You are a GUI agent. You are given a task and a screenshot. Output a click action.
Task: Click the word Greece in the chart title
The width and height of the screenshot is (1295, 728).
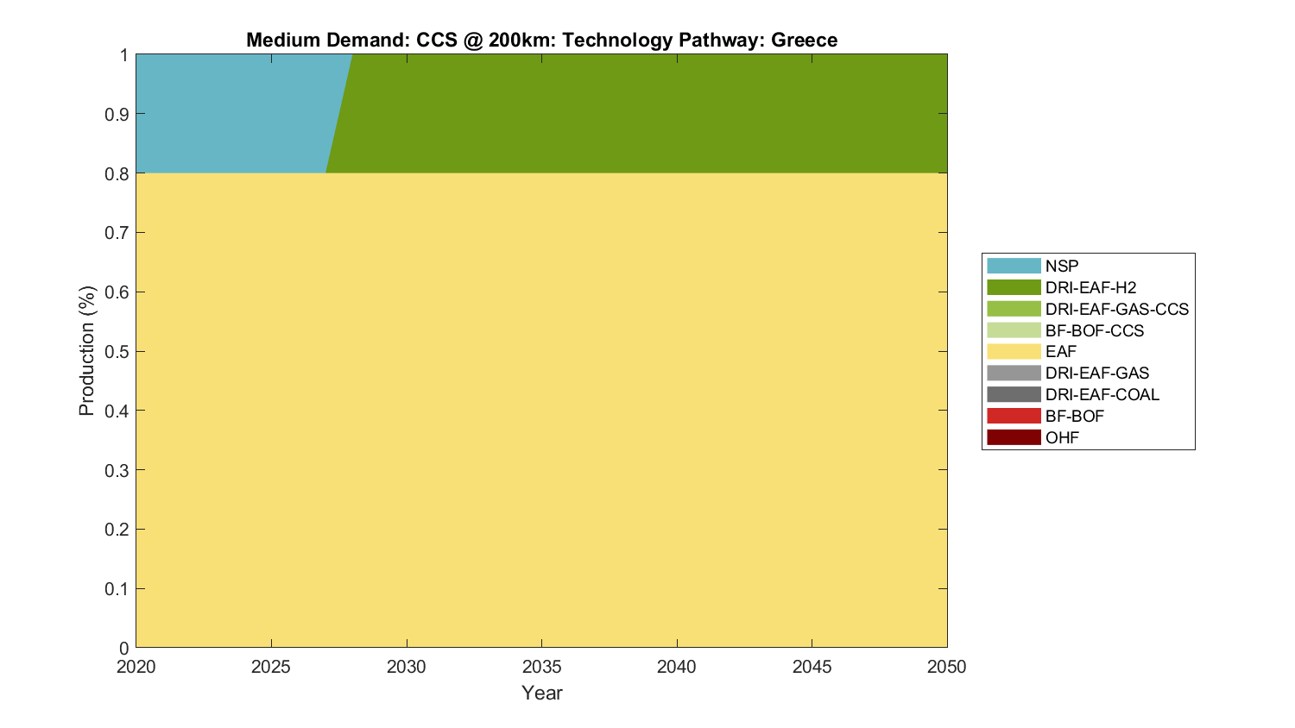pos(804,41)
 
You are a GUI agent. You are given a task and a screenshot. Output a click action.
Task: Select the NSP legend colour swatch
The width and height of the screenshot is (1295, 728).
pos(1014,267)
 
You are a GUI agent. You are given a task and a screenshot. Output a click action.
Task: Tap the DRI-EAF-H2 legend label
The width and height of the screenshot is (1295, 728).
pos(1090,288)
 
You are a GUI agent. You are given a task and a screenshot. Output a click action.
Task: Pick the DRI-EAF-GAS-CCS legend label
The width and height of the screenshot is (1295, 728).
pos(1116,310)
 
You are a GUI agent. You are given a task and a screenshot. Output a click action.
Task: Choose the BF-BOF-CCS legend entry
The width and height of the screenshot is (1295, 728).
pos(1094,331)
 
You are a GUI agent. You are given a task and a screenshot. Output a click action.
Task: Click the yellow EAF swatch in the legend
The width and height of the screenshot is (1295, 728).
pos(1014,352)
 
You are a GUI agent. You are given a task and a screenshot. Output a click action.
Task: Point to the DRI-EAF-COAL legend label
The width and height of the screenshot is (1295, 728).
pos(1102,395)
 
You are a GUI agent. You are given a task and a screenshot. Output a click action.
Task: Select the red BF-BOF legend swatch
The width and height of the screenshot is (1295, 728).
pos(1014,417)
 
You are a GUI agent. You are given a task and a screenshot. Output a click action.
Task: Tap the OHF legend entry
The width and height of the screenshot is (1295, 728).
pos(1062,438)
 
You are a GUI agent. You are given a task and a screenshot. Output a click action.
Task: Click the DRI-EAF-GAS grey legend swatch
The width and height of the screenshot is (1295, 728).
pos(1014,373)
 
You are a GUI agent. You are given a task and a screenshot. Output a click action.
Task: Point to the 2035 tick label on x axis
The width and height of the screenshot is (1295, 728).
pos(542,667)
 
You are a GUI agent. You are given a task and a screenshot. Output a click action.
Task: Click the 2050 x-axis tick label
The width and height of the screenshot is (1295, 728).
pos(947,667)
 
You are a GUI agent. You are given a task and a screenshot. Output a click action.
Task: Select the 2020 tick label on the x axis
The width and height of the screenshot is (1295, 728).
pos(136,667)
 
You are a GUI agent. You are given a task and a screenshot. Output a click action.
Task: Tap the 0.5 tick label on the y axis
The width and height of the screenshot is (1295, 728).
pos(117,352)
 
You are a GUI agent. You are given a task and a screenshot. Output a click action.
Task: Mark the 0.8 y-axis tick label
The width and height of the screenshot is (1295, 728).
pos(117,173)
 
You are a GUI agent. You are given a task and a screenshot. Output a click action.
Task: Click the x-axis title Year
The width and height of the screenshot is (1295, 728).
pos(542,693)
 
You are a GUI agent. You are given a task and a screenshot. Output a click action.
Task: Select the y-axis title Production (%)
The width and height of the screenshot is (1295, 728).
pos(86,351)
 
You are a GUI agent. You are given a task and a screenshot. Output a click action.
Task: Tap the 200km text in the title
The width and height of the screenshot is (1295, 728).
pos(521,41)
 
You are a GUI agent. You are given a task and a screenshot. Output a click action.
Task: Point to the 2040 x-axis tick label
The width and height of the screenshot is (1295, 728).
pos(677,667)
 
